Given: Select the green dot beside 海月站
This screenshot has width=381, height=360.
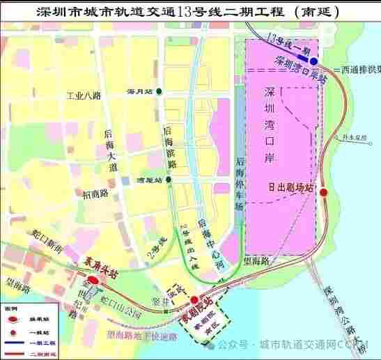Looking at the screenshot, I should pyautogui.click(x=160, y=92).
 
